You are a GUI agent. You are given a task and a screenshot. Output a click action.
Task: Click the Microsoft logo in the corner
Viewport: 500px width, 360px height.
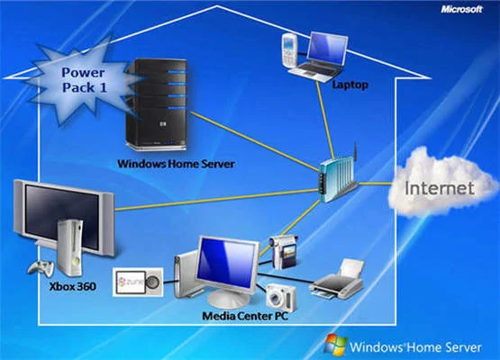461,10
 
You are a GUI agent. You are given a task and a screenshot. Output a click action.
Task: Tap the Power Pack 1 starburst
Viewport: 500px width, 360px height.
82,80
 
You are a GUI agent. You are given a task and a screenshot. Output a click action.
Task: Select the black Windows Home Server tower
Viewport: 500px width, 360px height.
156,104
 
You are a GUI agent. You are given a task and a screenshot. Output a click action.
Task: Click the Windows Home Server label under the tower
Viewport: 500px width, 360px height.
176,164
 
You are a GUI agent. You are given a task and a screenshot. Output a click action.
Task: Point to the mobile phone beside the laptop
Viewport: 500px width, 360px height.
289,50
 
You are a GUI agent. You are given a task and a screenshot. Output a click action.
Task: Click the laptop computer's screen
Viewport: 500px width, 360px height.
328,49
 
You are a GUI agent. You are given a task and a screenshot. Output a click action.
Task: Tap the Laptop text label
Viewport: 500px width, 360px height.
350,85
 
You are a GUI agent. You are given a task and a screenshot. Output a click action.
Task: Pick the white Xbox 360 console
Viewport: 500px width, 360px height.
70,247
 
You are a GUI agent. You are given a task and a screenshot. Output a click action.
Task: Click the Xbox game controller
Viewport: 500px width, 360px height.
41,268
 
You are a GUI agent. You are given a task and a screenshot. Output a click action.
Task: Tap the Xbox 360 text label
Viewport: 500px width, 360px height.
73,286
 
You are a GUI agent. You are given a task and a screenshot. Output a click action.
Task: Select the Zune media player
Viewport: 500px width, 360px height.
138,283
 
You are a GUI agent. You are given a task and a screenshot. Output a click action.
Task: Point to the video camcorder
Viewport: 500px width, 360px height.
284,252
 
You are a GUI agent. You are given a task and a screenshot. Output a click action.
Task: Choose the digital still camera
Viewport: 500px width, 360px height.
281,298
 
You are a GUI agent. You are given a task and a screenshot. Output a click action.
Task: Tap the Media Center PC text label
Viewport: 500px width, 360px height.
245,316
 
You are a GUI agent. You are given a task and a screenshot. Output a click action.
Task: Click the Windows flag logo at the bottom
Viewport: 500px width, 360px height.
335,345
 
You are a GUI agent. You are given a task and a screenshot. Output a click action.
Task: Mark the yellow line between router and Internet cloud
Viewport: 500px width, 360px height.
375,184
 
